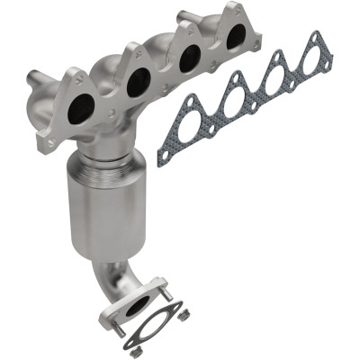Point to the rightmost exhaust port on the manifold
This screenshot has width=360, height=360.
[236, 38]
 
